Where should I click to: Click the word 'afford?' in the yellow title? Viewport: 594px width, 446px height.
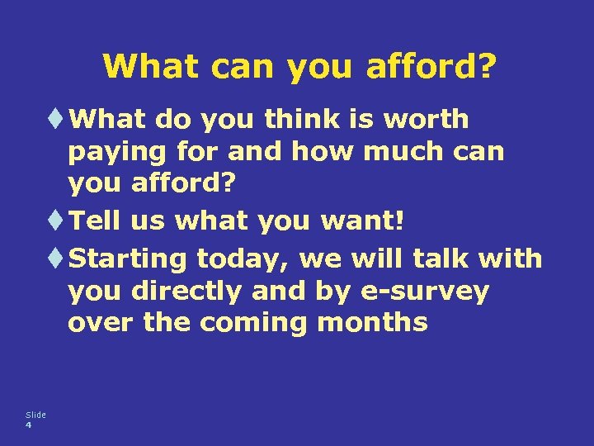429,66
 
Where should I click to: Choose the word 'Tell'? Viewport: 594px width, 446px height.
99,221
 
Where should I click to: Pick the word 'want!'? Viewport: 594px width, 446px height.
365,221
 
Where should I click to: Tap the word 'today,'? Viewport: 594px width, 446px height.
243,259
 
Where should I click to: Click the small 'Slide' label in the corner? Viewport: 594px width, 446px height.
35,415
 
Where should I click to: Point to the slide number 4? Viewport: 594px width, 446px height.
29,425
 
